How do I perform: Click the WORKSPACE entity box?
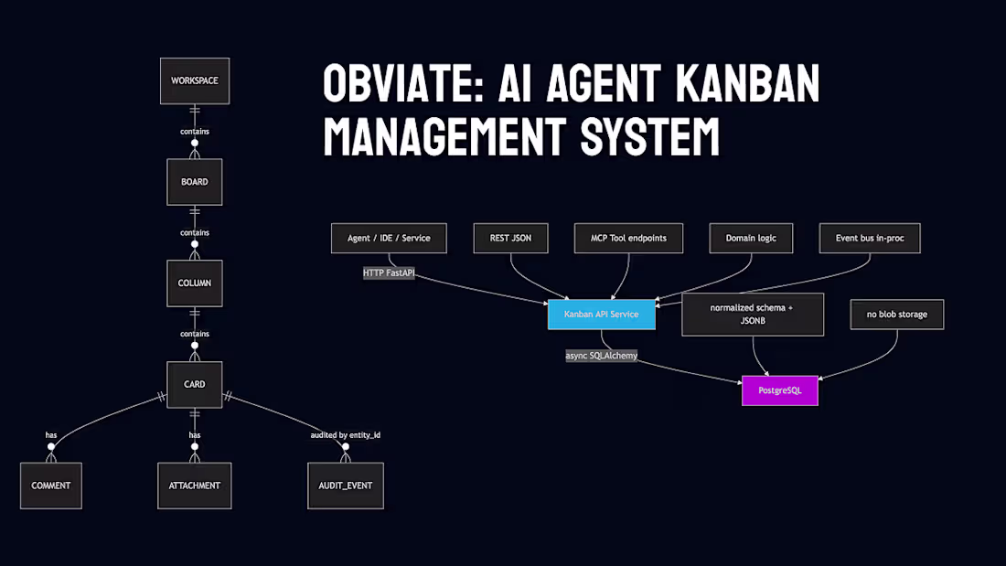click(194, 80)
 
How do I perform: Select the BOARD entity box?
click(194, 182)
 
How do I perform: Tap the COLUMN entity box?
click(194, 283)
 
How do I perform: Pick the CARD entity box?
click(194, 384)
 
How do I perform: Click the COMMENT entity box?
click(51, 486)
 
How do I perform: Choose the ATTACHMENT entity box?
click(194, 486)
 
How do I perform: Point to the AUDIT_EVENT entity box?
click(346, 486)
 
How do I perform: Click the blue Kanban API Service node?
click(601, 315)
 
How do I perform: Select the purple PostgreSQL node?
click(779, 390)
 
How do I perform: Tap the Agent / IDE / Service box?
click(389, 238)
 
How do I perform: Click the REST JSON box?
click(510, 238)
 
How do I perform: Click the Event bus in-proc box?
click(869, 238)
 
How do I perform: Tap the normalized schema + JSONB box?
click(753, 315)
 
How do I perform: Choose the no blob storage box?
click(896, 315)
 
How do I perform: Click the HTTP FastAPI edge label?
click(389, 272)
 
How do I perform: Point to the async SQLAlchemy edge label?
click(601, 356)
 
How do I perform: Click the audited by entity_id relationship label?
click(346, 434)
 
